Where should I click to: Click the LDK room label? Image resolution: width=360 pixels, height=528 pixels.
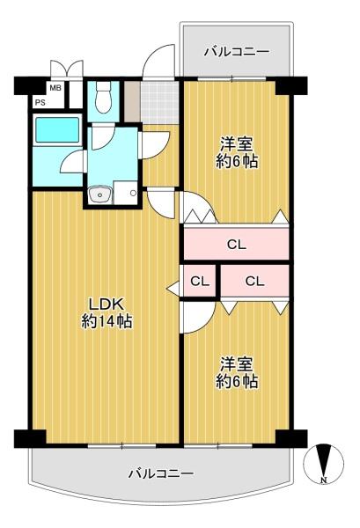[x=107, y=305]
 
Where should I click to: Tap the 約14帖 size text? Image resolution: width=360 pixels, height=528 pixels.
[x=107, y=323]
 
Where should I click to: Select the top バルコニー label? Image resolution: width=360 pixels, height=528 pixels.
[x=235, y=52]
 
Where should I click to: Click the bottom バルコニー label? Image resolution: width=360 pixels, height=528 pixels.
[x=160, y=473]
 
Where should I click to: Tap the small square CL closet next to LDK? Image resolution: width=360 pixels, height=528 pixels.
[x=200, y=282]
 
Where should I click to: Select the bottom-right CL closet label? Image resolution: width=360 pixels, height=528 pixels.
[x=254, y=282]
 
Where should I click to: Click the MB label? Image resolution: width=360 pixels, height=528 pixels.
[x=55, y=88]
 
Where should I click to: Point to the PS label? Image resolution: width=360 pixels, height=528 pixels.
[x=40, y=102]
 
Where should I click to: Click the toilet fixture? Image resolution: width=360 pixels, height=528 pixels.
[x=102, y=96]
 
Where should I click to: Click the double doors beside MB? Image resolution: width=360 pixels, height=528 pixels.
[x=66, y=70]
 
